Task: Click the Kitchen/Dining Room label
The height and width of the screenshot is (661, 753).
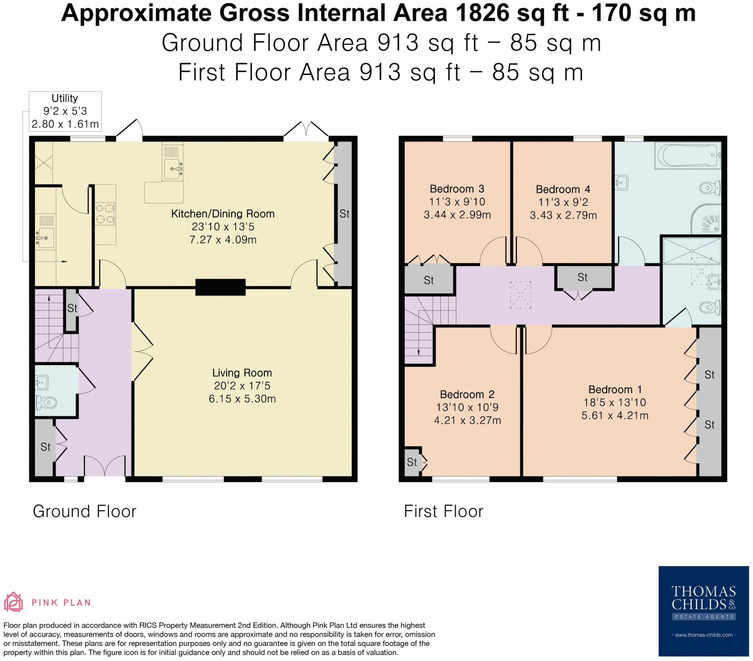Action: pyautogui.click(x=222, y=213)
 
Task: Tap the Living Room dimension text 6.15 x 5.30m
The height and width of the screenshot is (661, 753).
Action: pyautogui.click(x=242, y=399)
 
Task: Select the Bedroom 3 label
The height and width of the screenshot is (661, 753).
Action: pyautogui.click(x=457, y=189)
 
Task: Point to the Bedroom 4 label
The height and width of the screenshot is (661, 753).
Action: pyautogui.click(x=563, y=189)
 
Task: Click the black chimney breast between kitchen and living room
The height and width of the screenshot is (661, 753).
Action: pyautogui.click(x=220, y=287)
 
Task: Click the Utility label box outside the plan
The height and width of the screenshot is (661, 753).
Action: pyautogui.click(x=65, y=111)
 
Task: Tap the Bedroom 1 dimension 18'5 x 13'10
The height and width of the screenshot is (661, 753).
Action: pyautogui.click(x=614, y=402)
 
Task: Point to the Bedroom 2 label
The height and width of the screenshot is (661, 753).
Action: pyautogui.click(x=467, y=394)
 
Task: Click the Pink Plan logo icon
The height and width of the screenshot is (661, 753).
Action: pyautogui.click(x=13, y=602)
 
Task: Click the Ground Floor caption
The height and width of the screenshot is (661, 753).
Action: pyautogui.click(x=84, y=511)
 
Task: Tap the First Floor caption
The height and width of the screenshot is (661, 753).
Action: pyautogui.click(x=443, y=511)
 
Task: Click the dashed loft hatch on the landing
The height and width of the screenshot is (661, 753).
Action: pyautogui.click(x=521, y=295)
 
